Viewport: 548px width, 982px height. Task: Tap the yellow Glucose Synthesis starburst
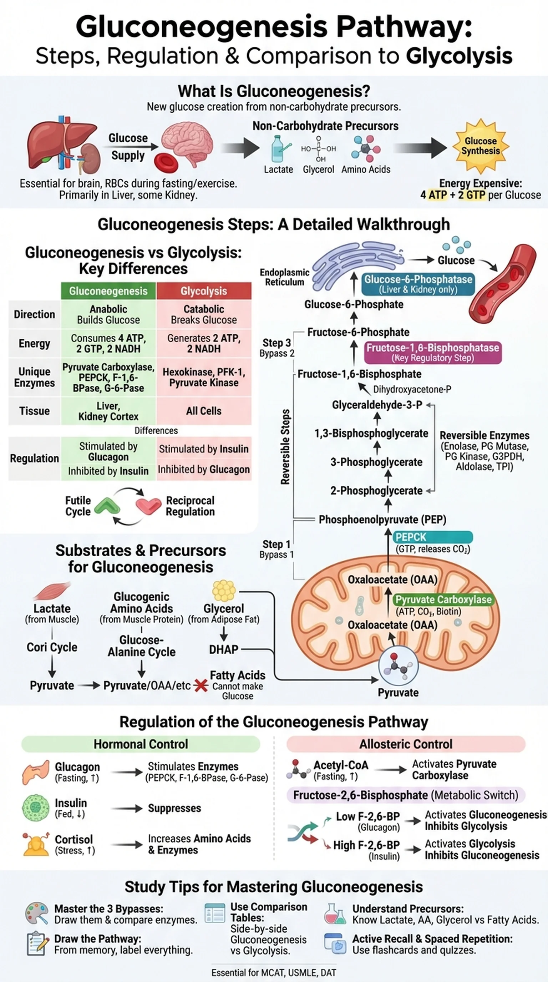coord(480,146)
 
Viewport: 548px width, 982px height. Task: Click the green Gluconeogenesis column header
coord(108,291)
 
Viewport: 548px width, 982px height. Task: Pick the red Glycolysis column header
coord(203,291)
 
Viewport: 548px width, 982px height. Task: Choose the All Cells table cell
coord(203,411)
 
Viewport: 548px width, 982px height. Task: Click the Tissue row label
coord(34,411)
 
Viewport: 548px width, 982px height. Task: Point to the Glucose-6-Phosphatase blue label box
coord(418,284)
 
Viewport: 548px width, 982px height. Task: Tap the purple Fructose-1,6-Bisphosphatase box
coord(432,352)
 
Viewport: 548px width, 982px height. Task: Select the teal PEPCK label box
coord(432,537)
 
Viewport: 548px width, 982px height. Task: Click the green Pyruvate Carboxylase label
coord(443,599)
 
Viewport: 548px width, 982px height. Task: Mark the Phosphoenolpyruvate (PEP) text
coord(382,520)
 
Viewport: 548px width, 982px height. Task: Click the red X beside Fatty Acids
coord(201,685)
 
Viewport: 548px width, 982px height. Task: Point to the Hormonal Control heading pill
coord(141,744)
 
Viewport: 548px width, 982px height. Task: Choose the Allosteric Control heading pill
coord(406,744)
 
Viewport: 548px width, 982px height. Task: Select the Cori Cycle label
coord(52,647)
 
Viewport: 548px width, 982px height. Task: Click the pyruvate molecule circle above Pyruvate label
coord(398,666)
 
